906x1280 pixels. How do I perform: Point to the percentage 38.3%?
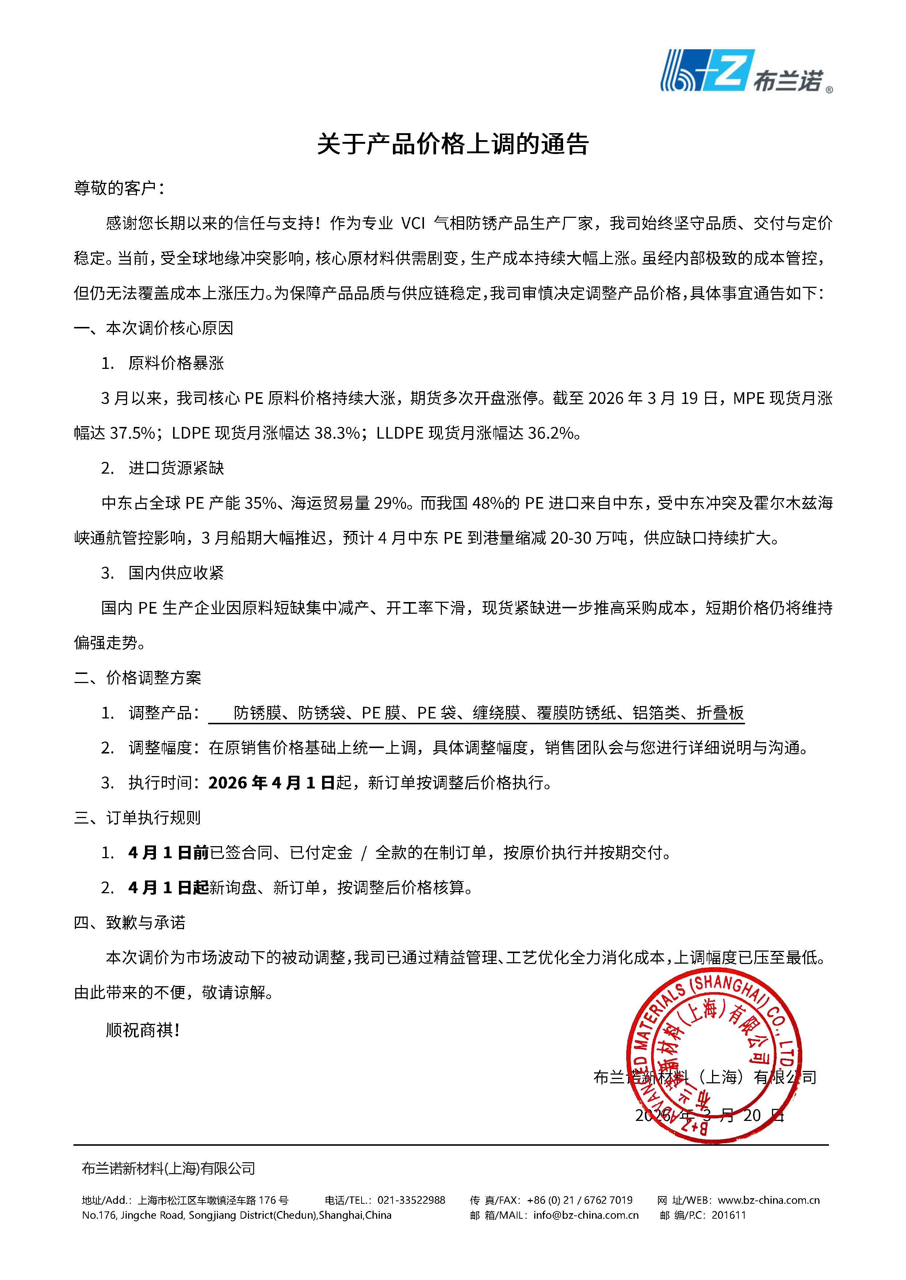click(x=337, y=433)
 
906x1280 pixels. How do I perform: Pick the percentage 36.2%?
click(x=550, y=433)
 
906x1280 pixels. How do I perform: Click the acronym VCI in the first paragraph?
click(x=413, y=224)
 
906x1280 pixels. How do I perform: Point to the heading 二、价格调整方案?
click(x=137, y=678)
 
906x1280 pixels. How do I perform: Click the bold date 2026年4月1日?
click(x=271, y=783)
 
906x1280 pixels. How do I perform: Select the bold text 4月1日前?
click(x=168, y=853)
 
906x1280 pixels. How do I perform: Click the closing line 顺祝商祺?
click(x=143, y=1030)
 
